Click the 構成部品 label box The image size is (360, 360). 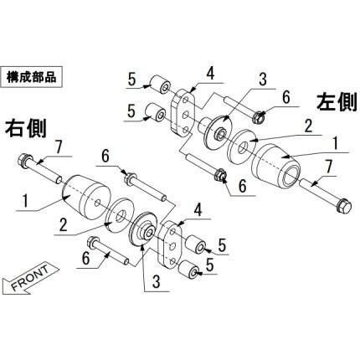coord(32,77)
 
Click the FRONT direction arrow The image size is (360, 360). coord(30,280)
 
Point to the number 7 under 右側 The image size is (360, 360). coord(58,147)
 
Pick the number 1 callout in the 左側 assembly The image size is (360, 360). coord(337,144)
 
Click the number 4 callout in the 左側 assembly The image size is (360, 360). coord(211,74)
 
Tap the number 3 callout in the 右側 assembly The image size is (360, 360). coord(157,282)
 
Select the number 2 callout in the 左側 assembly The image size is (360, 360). coord(308,126)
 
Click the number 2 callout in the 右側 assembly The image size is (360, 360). coord(64,225)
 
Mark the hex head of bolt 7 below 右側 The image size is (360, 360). coord(23,161)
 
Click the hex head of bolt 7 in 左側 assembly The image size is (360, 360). coord(344,206)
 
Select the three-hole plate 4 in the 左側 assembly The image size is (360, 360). coord(183,113)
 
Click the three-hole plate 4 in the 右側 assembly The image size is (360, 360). coord(170,246)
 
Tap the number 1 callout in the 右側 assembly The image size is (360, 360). coord(25,203)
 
